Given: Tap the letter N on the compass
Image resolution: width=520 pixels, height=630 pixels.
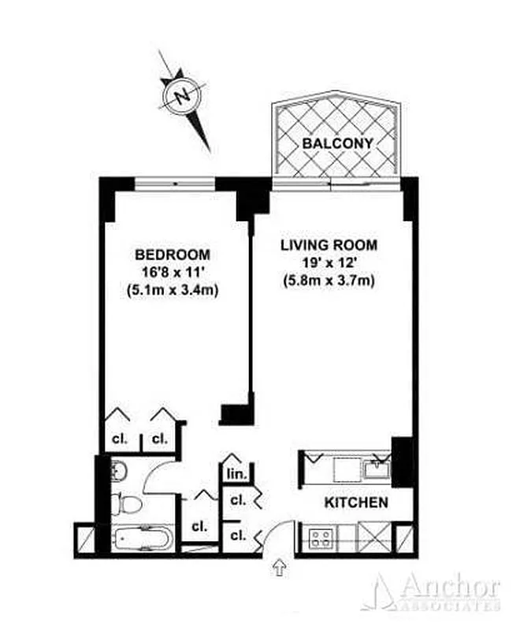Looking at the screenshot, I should tap(184, 97).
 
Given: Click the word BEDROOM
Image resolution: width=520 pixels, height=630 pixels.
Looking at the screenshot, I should tap(173, 255).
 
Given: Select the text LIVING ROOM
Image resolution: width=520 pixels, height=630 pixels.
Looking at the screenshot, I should tap(329, 245).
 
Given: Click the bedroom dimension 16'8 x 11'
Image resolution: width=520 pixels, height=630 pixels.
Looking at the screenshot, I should tap(173, 272).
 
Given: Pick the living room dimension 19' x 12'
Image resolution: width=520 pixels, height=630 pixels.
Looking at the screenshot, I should tap(329, 262).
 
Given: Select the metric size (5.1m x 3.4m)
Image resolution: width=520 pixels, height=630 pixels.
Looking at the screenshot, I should tap(173, 290).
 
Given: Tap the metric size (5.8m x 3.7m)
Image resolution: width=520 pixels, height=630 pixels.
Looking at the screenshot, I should tap(329, 280).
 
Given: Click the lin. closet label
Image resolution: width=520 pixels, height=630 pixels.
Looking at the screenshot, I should tap(236, 474).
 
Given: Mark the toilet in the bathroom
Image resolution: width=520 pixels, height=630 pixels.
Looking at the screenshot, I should tap(127, 502).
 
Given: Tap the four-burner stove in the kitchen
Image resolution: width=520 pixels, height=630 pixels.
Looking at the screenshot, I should tap(321, 539).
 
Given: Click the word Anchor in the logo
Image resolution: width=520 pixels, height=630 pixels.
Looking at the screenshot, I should tap(448, 587).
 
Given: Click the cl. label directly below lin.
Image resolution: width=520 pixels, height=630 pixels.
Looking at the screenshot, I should tap(236, 500).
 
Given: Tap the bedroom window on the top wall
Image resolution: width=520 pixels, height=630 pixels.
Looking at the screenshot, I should tap(175, 183).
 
